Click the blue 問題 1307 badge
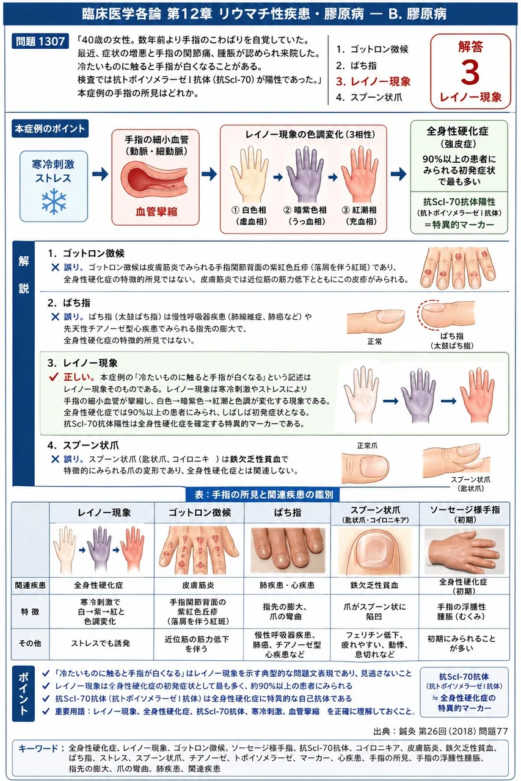[x=40, y=41]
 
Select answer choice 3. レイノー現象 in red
[x=373, y=82]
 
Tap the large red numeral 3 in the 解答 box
[x=470, y=72]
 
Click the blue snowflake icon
[x=54, y=201]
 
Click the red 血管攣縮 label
[x=156, y=211]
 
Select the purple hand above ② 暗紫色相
[x=305, y=174]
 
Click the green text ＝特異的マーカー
[x=459, y=225]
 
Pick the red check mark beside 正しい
[x=53, y=376]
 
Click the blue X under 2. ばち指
[x=55, y=317]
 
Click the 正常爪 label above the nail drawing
[x=367, y=445]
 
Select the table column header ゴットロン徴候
[x=200, y=512]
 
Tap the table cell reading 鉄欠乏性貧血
[x=374, y=585]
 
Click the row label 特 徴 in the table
[x=30, y=611]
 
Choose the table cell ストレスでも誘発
[x=101, y=643]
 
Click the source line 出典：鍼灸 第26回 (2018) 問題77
[x=441, y=731]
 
